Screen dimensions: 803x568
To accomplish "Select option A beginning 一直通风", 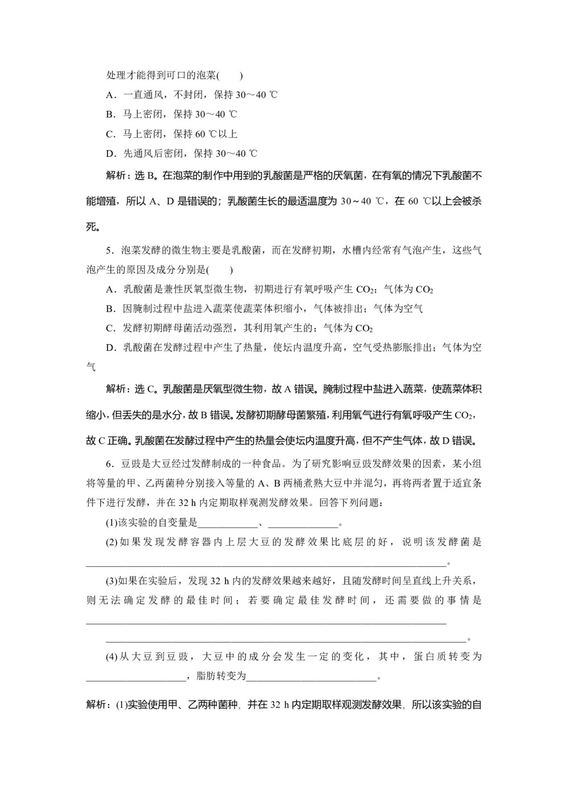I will [191, 95].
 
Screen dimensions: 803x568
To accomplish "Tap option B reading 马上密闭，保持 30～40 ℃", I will [172, 114].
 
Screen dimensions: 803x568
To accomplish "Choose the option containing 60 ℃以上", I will [172, 134].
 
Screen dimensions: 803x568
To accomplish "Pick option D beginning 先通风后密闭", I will [182, 153].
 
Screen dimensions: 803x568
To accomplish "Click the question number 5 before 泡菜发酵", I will [109, 250].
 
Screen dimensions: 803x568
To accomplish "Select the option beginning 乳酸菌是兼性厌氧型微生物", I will [270, 290].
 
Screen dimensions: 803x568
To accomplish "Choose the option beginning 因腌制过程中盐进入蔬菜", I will [264, 309].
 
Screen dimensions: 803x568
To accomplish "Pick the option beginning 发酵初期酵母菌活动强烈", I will [239, 328].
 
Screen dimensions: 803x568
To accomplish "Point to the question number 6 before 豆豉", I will [109, 464].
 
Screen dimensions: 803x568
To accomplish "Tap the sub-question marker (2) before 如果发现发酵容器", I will [112, 542].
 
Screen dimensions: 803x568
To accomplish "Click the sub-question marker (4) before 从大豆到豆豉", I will [112, 657].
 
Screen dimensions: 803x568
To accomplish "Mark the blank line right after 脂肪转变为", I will [311, 677].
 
